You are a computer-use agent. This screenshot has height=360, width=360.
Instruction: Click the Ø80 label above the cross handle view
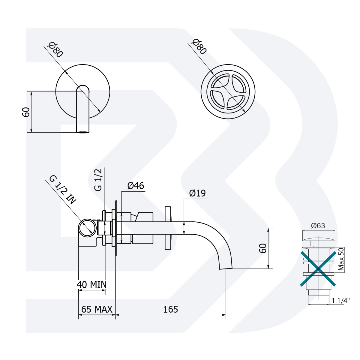[199, 46]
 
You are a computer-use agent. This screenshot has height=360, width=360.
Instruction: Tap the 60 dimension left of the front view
[26, 112]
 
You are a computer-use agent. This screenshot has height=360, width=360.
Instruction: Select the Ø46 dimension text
[136, 186]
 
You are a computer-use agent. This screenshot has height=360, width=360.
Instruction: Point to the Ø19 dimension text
[197, 193]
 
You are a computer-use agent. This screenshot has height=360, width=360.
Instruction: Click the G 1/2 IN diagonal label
[63, 190]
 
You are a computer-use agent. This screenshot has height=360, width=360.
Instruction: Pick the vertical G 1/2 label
[98, 180]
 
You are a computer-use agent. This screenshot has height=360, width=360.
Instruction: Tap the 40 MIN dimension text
[92, 284]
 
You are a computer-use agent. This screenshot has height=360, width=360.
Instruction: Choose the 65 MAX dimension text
[97, 309]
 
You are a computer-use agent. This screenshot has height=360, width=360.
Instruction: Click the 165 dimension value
[170, 309]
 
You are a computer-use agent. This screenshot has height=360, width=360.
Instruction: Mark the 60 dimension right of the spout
[263, 248]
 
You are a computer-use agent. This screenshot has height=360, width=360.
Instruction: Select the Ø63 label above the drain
[318, 226]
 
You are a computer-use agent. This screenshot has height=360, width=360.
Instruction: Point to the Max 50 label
[341, 259]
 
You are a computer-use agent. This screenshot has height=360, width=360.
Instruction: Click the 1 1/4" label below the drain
[341, 301]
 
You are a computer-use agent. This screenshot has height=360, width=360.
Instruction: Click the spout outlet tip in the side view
[226, 268]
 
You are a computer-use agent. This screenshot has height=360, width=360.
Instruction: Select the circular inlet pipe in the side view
[87, 228]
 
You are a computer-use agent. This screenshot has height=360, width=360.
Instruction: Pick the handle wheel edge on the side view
[168, 228]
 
